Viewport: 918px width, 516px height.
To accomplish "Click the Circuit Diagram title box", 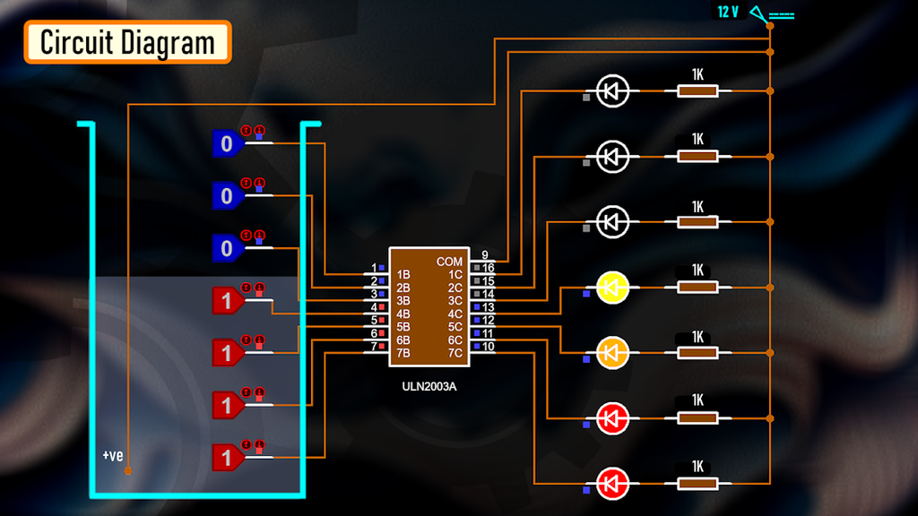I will coord(128,42).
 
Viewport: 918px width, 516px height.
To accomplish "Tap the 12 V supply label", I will coord(727,13).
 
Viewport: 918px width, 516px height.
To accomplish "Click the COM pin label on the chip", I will coord(450,262).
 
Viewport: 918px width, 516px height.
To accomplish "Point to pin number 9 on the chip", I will coord(485,255).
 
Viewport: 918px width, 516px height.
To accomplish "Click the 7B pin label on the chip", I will coord(403,353).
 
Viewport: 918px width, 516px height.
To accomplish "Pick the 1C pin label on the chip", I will coord(455,274).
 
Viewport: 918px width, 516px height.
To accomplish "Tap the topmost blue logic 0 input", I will coord(227,143).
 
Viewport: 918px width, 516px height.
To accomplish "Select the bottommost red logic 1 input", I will coord(227,458).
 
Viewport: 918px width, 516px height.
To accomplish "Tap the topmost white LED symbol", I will coord(613,90).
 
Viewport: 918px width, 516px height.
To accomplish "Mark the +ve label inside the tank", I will coord(112,456).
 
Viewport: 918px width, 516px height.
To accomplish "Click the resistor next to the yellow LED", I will coord(697,288).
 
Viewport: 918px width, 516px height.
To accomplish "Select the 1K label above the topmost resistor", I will coord(697,73).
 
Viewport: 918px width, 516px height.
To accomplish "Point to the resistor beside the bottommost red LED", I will coord(697,484).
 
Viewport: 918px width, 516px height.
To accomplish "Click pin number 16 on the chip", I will coord(489,268).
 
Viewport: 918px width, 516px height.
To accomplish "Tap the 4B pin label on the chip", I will coord(403,314).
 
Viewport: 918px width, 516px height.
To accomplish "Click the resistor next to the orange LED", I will coord(697,352).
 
